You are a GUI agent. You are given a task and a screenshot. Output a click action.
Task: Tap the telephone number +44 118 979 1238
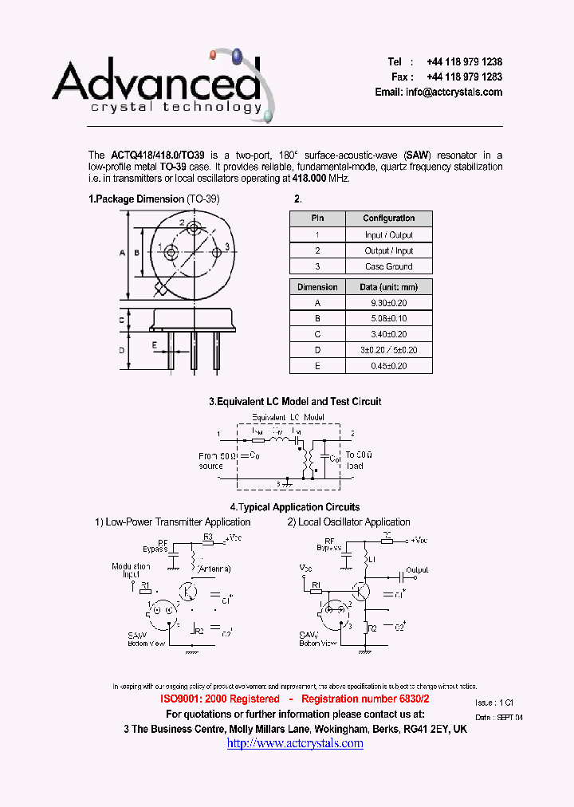point(464,62)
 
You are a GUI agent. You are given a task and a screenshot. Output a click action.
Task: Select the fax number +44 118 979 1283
point(464,77)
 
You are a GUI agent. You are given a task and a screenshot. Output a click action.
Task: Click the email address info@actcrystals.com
point(454,93)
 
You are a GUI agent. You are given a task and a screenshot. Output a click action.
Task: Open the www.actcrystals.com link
point(295,743)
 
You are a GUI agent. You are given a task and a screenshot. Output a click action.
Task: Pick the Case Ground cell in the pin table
point(389,266)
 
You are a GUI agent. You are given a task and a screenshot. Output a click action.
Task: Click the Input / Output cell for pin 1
point(389,235)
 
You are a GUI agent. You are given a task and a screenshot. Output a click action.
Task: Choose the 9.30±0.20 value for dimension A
point(389,303)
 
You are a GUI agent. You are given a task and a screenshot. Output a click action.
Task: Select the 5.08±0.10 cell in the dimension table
point(389,319)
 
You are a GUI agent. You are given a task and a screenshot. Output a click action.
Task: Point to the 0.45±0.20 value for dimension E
point(389,366)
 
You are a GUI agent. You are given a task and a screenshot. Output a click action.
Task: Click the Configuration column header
point(389,218)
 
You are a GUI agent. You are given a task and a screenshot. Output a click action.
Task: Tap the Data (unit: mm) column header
point(389,287)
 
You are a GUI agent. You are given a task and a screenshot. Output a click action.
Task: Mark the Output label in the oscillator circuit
point(417,570)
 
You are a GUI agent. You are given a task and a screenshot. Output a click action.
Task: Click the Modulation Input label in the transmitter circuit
point(131,571)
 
